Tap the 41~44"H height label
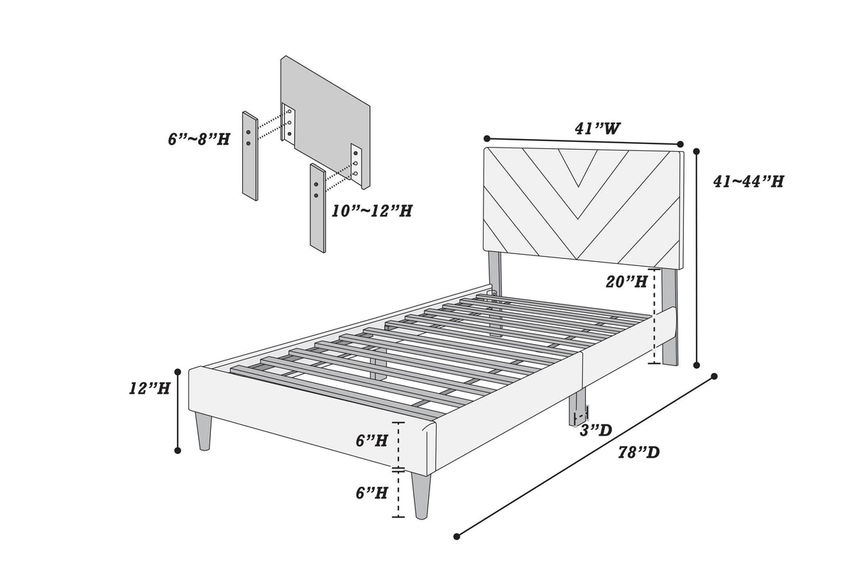pyautogui.click(x=748, y=182)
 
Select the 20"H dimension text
pyautogui.click(x=626, y=282)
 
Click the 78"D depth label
pyautogui.click(x=638, y=452)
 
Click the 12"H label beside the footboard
pyautogui.click(x=150, y=389)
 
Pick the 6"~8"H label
pyautogui.click(x=199, y=139)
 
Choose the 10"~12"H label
pyautogui.click(x=372, y=211)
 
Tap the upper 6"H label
pyautogui.click(x=372, y=441)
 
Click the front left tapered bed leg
pyautogui.click(x=204, y=431)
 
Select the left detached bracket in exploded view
pyautogui.click(x=250, y=154)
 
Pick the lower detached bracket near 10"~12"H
pyautogui.click(x=317, y=206)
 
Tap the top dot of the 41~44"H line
pyautogui.click(x=697, y=151)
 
